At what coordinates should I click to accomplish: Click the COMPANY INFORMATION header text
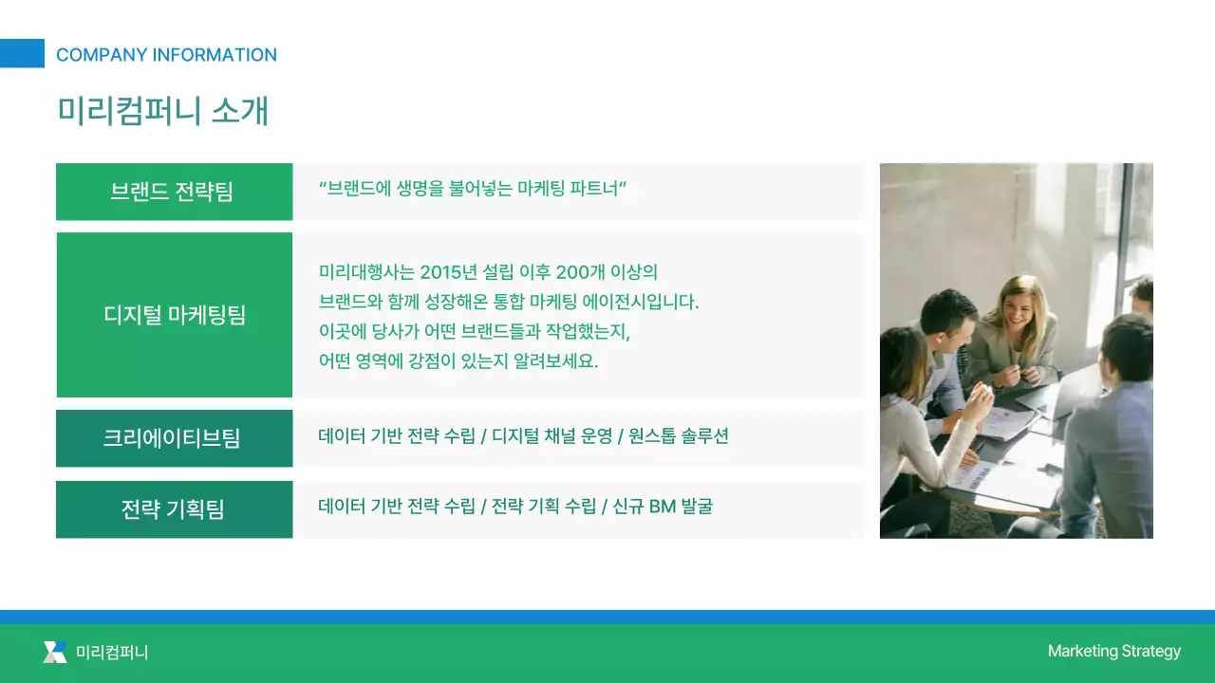coord(166,55)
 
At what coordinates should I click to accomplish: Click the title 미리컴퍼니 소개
coord(162,111)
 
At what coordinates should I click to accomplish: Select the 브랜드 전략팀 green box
coord(174,192)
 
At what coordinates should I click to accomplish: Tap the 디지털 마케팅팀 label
coord(174,315)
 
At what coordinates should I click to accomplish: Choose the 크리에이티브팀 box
coord(174,438)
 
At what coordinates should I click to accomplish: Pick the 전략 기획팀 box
coord(174,509)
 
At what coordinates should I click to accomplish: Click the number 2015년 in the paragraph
coord(449,273)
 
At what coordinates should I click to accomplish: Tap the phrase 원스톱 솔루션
coord(679,436)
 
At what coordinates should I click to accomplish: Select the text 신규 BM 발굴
coord(663,507)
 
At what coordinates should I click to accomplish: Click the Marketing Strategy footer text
coord(1113,651)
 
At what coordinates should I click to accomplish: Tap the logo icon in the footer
coord(55,652)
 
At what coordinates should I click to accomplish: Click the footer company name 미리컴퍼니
coord(112,653)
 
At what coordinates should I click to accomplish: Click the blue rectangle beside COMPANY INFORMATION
coord(22,53)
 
